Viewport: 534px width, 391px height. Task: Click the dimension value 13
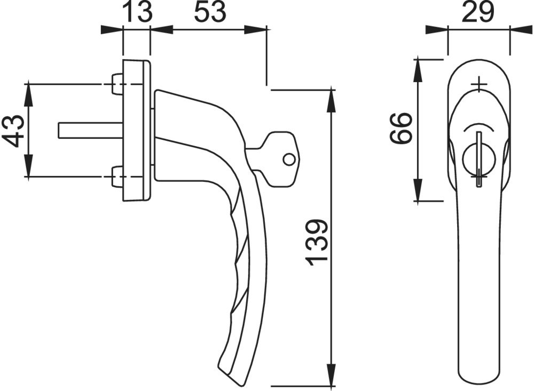pyautogui.click(x=137, y=12)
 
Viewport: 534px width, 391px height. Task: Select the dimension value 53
pyautogui.click(x=210, y=12)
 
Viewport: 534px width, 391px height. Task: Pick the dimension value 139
pyautogui.click(x=317, y=243)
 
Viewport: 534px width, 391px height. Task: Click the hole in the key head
pyautogui.click(x=288, y=159)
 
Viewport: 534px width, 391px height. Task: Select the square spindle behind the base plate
pyautogui.click(x=91, y=130)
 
